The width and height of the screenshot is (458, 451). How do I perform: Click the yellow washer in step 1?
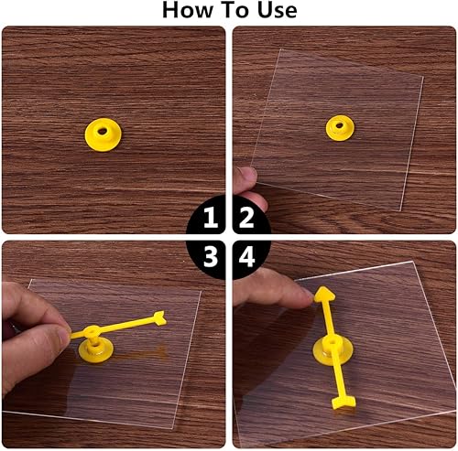104,134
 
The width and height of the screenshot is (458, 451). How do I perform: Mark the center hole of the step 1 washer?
104,133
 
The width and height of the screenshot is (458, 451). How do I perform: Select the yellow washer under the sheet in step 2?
342,128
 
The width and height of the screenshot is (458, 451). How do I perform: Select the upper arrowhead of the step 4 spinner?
322,294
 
